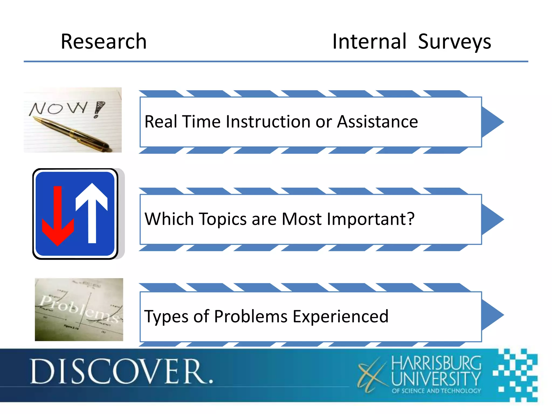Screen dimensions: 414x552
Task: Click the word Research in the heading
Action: [104, 42]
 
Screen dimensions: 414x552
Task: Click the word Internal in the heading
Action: [369, 42]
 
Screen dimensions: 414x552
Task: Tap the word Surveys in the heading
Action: [454, 42]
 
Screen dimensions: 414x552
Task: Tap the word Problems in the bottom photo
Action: [78, 309]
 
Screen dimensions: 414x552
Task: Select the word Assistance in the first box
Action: [377, 122]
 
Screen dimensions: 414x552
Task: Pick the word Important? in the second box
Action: [370, 219]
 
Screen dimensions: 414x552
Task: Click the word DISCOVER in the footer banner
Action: [121, 372]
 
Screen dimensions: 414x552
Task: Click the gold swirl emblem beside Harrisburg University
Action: [372, 375]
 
